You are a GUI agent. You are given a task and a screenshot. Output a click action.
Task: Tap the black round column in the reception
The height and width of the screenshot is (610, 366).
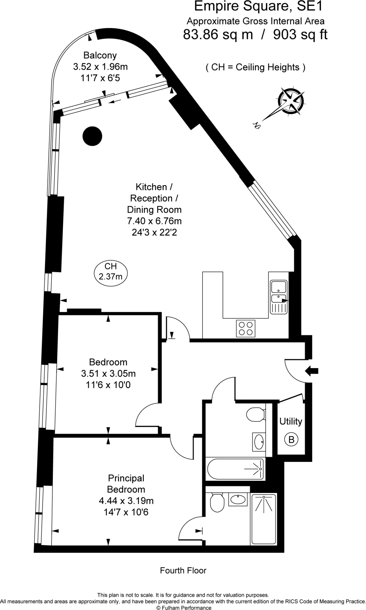coord(92,136)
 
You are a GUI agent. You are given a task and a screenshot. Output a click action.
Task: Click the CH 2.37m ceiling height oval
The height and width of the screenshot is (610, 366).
coord(110,271)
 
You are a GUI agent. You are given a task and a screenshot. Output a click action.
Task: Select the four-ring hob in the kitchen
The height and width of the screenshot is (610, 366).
coord(246,329)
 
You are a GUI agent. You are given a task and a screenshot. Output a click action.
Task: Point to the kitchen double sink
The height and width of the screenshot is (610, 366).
coord(278,297)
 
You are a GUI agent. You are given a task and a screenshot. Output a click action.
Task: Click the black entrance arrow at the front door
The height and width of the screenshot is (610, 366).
coord(312,371)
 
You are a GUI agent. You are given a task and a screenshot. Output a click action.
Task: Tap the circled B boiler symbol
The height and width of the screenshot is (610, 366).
coord(291,440)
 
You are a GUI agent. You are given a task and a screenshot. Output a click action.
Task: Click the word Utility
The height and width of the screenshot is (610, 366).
coord(291,421)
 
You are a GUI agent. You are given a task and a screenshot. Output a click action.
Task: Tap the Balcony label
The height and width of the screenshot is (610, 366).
coord(100,55)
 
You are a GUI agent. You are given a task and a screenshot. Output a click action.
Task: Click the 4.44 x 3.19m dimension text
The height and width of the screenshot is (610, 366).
coord(126,501)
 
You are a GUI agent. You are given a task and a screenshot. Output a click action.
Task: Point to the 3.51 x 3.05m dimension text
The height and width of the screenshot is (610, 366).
coord(108,373)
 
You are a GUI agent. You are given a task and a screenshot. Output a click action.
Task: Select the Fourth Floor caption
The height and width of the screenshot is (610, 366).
coord(183,570)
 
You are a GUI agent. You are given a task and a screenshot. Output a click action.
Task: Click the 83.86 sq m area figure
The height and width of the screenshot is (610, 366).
coord(218,35)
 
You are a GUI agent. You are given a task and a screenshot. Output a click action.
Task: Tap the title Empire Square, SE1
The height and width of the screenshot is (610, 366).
coord(258,7)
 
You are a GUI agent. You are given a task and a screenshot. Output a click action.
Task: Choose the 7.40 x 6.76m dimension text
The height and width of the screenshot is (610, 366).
coord(154,221)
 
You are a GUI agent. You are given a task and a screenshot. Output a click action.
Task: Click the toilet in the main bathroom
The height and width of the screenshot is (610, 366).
coord(256,415)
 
